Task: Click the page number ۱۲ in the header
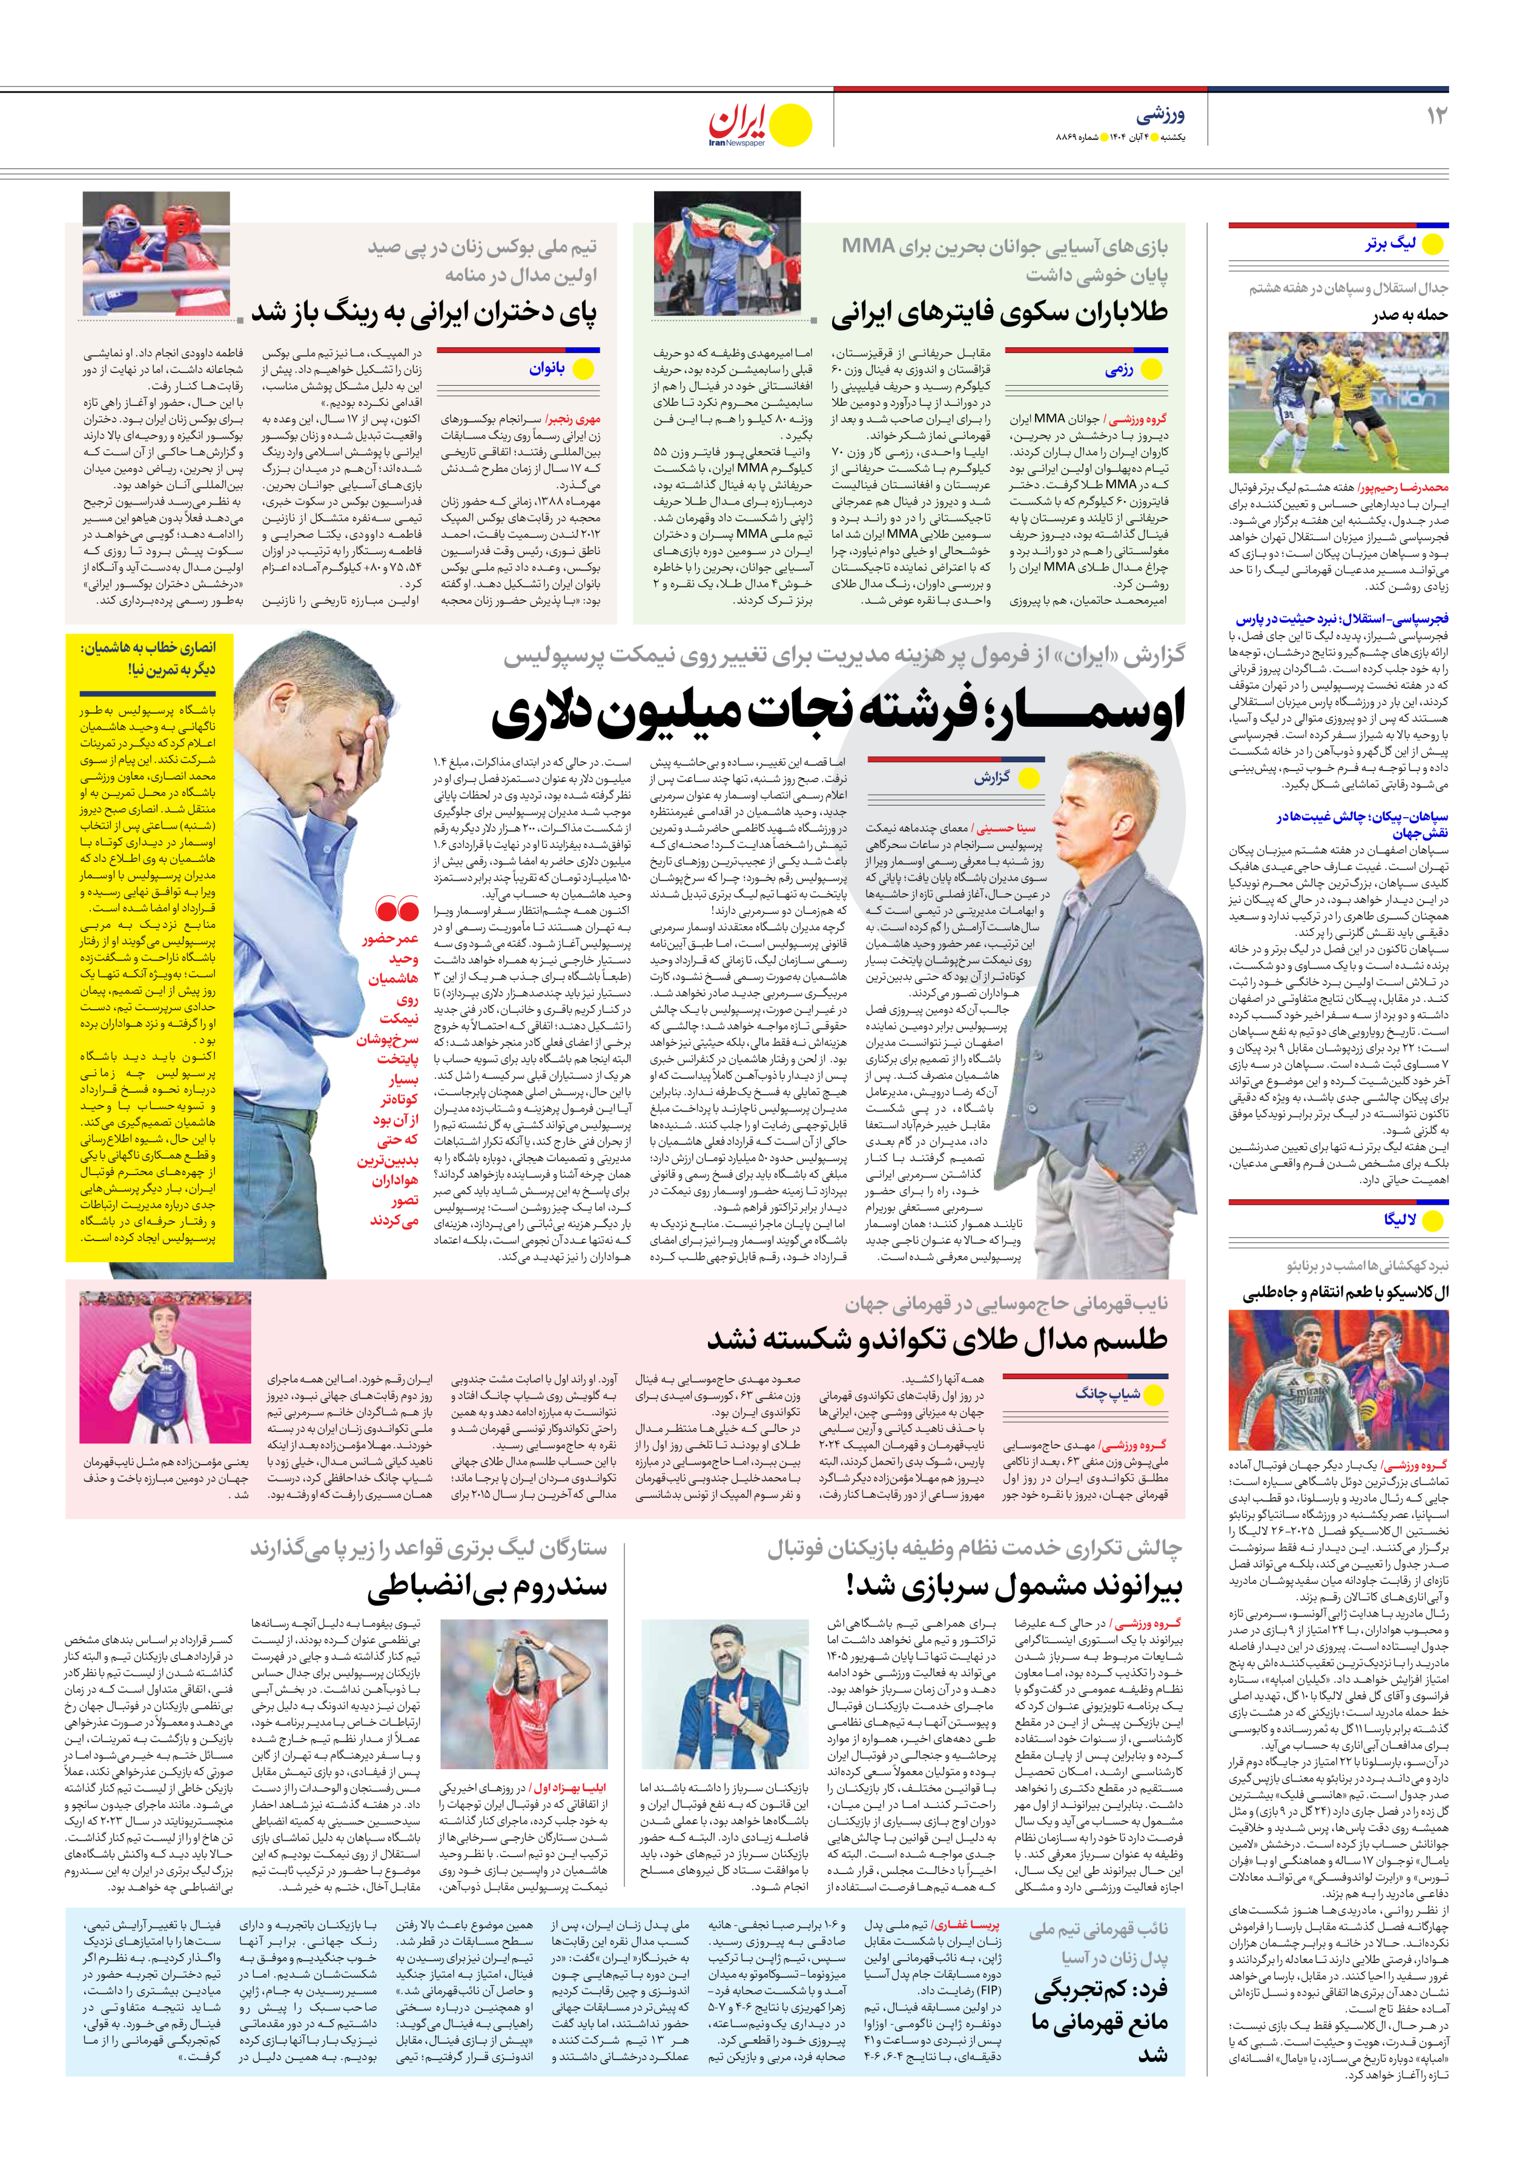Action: [x=1436, y=116]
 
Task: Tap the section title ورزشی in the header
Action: [x=1160, y=115]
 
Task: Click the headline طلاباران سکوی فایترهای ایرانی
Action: [x=999, y=313]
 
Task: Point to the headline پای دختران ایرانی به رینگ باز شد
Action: [x=423, y=313]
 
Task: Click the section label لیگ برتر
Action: [x=1390, y=244]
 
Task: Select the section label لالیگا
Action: [x=1400, y=1220]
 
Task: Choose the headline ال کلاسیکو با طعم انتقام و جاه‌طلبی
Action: [x=1344, y=1293]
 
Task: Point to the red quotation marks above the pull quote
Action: [x=397, y=910]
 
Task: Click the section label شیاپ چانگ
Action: [x=1108, y=1393]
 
